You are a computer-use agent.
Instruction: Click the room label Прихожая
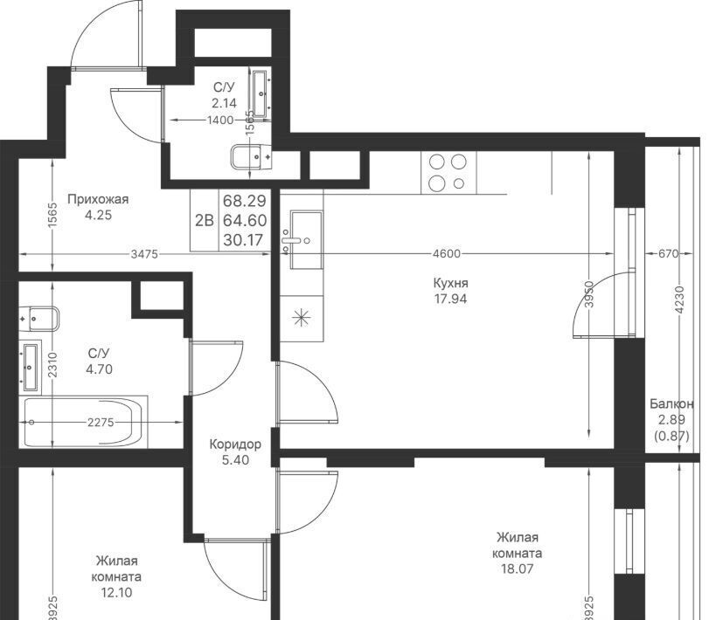(98, 199)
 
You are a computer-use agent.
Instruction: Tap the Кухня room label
(451, 283)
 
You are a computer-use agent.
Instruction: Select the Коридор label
(235, 444)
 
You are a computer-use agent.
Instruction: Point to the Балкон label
(671, 403)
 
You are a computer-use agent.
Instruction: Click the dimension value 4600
(447, 253)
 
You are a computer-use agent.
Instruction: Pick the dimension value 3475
(144, 254)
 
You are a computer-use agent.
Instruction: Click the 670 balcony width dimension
(669, 253)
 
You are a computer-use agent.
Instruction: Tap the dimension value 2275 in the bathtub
(101, 423)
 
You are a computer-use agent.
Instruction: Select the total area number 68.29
(244, 201)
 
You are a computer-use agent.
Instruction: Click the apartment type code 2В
(204, 221)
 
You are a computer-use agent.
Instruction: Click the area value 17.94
(451, 300)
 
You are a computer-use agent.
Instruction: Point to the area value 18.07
(517, 569)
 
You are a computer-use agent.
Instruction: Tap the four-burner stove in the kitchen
(448, 172)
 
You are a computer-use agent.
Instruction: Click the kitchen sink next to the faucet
(306, 240)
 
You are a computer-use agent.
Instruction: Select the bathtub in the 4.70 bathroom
(84, 422)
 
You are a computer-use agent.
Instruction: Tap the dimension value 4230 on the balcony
(680, 300)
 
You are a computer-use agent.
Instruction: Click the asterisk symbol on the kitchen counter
(302, 318)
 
